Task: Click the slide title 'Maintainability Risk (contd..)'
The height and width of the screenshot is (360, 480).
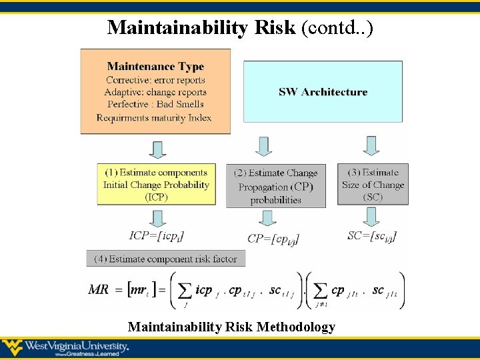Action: tap(240, 27)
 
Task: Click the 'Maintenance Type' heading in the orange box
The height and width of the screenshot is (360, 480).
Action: tap(155, 67)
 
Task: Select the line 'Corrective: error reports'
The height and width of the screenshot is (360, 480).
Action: tap(155, 80)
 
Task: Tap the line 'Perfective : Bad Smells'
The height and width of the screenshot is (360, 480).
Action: tap(155, 105)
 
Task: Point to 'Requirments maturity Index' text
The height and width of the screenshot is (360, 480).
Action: tap(154, 118)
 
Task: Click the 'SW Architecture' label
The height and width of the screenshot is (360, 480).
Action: tap(323, 92)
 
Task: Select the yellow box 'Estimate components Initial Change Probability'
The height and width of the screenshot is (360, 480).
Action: tap(156, 185)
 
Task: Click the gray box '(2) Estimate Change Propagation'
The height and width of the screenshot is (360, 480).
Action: tap(275, 186)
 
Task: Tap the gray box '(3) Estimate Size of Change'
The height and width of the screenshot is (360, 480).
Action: tap(373, 185)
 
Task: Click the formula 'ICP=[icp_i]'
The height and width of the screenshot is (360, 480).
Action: tap(157, 235)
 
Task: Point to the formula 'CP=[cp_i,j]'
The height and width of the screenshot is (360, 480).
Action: tap(273, 238)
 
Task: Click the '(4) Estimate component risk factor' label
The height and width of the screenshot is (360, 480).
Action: tap(165, 259)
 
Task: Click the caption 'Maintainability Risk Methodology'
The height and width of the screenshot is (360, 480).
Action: tap(231, 327)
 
